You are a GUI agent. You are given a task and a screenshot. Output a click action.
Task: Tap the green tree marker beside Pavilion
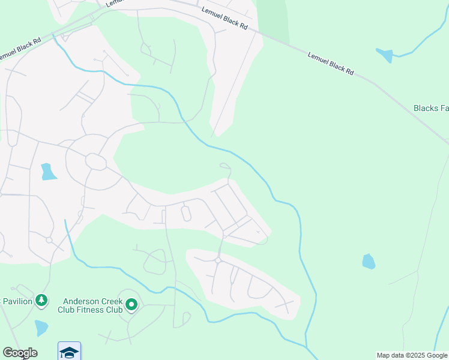[41, 300]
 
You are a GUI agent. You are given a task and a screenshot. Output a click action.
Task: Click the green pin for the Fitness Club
[131, 305]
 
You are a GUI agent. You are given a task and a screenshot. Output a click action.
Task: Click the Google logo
[19, 353]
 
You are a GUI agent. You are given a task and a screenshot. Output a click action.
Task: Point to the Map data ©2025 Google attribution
[412, 355]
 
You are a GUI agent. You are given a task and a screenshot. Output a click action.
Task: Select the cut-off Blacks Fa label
[431, 109]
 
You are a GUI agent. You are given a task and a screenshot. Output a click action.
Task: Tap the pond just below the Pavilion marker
[41, 328]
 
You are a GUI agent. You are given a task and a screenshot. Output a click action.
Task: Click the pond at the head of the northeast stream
[384, 55]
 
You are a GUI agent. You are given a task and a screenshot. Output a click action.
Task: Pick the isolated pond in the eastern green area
[369, 261]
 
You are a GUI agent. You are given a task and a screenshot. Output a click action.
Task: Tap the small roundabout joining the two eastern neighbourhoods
[218, 260]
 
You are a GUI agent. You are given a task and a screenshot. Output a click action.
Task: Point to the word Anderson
[83, 301]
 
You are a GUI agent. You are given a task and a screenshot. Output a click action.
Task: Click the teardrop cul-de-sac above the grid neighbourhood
[224, 166]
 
